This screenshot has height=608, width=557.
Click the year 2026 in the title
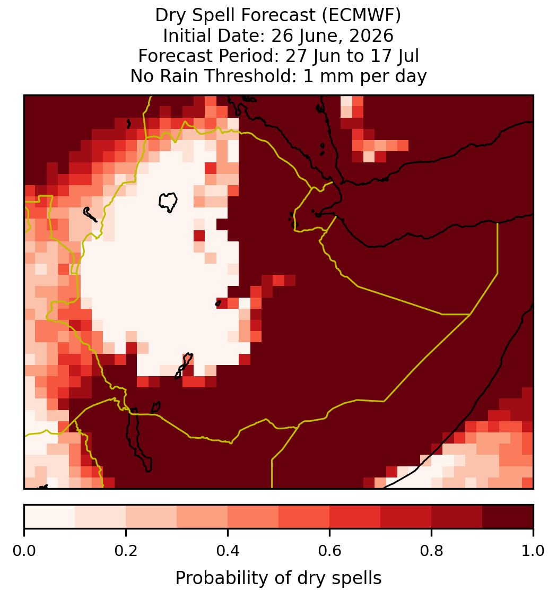click(371, 36)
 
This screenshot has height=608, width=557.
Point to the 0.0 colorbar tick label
click(24, 551)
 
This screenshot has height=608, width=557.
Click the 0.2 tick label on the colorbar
click(126, 551)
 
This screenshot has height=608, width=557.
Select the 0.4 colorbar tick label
click(228, 551)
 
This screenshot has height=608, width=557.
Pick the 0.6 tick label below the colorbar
click(330, 551)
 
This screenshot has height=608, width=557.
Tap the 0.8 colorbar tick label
click(431, 551)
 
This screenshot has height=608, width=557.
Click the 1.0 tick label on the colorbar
click(533, 551)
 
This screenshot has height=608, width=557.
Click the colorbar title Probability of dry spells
click(278, 578)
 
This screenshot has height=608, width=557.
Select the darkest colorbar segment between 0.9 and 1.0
click(508, 517)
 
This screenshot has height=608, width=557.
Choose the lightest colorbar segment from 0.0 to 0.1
click(50, 517)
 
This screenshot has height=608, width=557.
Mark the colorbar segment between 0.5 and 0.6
click(304, 517)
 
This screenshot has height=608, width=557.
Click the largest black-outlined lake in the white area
click(168, 202)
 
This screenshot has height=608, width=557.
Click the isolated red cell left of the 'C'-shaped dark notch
click(199, 236)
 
